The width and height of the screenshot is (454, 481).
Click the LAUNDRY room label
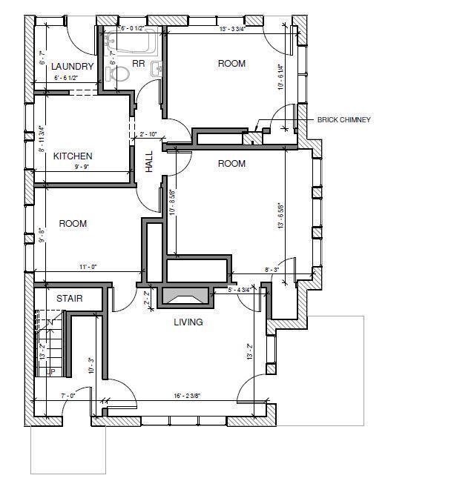pos(73,67)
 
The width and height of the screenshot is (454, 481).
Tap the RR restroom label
pos(138,64)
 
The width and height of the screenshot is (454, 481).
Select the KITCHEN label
pos(73,156)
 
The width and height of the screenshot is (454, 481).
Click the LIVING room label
pos(188,322)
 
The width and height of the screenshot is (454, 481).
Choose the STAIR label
pos(69,298)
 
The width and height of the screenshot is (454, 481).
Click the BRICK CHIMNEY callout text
pos(343,119)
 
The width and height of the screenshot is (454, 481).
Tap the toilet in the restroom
pos(157,69)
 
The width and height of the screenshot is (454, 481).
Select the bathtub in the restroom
pos(132,39)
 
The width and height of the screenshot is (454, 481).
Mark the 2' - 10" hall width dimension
pos(149,134)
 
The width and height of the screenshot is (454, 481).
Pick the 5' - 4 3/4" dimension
pos(243,290)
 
